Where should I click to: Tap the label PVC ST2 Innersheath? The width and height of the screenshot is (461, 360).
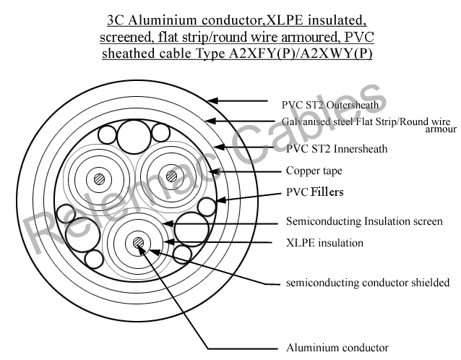(337, 149)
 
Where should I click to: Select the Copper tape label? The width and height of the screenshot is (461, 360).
(314, 171)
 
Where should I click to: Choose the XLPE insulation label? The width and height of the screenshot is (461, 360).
(324, 243)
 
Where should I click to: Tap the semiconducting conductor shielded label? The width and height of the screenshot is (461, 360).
(368, 283)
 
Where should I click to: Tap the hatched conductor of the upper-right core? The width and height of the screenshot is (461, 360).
(171, 176)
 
